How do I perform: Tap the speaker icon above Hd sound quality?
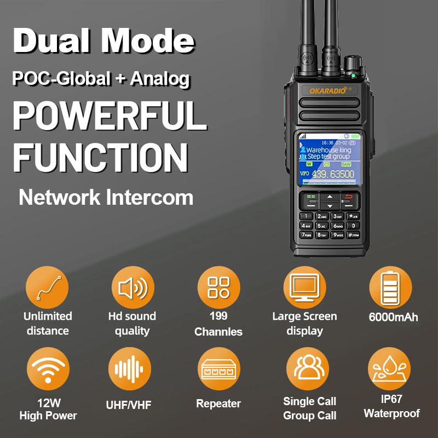coord(133,288)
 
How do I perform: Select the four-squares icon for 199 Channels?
coord(218,288)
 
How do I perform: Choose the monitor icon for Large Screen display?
coord(304,288)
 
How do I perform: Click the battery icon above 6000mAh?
coord(390,288)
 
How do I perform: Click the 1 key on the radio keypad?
coord(306,216)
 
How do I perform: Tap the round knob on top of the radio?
coord(350,62)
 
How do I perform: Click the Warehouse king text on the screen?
coord(328,149)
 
